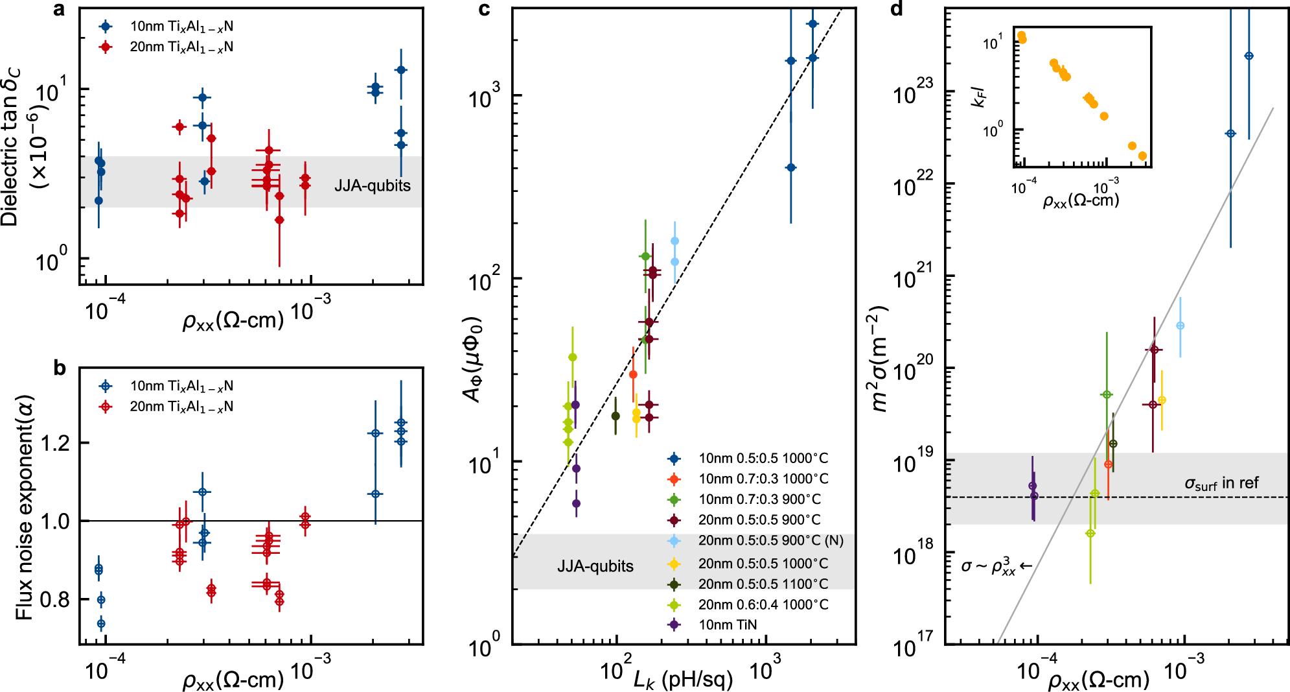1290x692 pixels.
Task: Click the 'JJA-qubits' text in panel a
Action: (x=372, y=186)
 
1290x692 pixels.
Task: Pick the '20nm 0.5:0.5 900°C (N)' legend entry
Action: (x=770, y=540)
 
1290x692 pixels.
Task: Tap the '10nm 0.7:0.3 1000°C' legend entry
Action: (x=763, y=479)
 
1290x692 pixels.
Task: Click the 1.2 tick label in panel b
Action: (x=54, y=444)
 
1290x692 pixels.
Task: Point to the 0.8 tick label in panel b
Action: (x=54, y=599)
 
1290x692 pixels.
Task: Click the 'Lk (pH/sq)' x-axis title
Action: (x=683, y=679)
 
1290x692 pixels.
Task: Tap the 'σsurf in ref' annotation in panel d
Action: (x=1221, y=483)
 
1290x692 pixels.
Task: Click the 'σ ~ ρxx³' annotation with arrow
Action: (x=996, y=566)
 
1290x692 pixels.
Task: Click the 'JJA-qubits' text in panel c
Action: (x=595, y=566)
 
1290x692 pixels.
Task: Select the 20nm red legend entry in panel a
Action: (x=181, y=47)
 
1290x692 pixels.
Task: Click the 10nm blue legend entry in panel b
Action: (x=181, y=387)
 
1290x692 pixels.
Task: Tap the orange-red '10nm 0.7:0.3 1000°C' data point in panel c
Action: (x=633, y=375)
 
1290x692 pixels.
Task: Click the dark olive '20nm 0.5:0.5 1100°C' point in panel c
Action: (x=616, y=416)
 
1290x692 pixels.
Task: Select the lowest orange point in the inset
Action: (x=1142, y=156)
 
